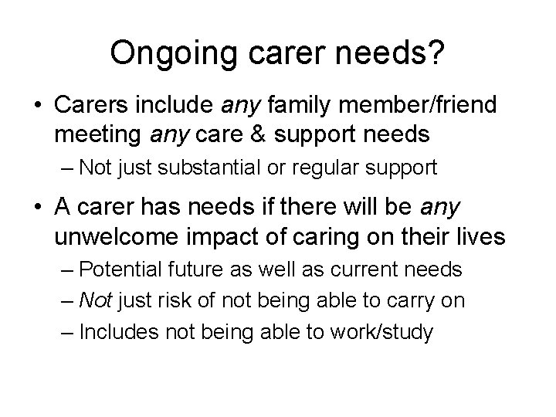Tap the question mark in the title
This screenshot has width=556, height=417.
click(x=437, y=53)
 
